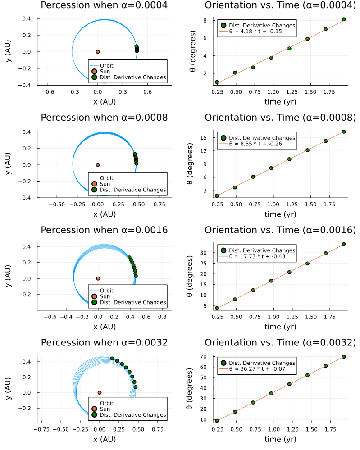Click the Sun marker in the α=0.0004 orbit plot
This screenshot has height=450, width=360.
[98, 52]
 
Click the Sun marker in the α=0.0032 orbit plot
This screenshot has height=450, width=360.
[100, 393]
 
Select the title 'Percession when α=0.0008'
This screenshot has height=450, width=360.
[105, 118]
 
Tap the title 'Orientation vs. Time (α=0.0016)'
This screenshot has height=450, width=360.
[280, 230]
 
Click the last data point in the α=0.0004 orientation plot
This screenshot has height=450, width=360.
[344, 19]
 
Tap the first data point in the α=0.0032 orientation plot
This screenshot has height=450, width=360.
[217, 421]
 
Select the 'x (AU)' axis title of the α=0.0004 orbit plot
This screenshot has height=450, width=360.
[105, 102]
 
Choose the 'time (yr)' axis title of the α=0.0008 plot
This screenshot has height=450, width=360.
[280, 214]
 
